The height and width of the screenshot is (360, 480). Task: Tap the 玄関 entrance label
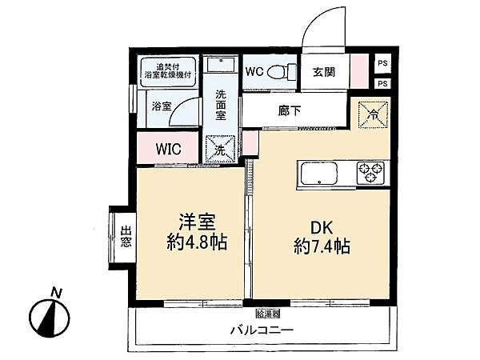click(324, 70)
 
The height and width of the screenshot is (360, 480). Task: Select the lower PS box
click(382, 82)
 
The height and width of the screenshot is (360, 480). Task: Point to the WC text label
click(255, 70)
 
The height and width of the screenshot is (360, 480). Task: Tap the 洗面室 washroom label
click(222, 103)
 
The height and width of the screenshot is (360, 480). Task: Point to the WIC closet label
click(167, 149)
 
